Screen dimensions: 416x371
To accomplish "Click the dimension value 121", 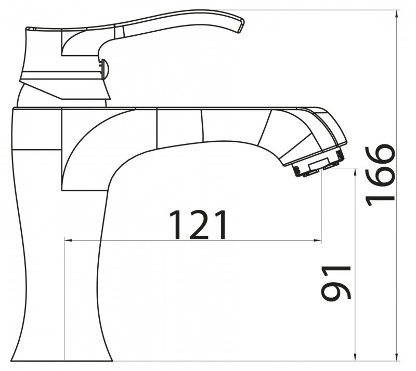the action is point(198,225).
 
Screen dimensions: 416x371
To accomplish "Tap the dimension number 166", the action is point(380,175).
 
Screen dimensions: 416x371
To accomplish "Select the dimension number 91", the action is point(336,283).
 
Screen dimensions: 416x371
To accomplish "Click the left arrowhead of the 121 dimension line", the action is point(68,241).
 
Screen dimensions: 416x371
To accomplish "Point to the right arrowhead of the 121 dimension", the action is point(318,241).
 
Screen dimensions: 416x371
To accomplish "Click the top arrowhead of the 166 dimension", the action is point(397,14).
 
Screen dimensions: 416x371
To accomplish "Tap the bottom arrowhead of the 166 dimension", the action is point(397,357).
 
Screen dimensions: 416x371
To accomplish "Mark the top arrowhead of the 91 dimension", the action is point(355,172).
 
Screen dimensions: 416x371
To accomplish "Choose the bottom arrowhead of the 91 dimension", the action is point(355,357).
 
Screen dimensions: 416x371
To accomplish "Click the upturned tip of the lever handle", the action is point(240,25).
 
